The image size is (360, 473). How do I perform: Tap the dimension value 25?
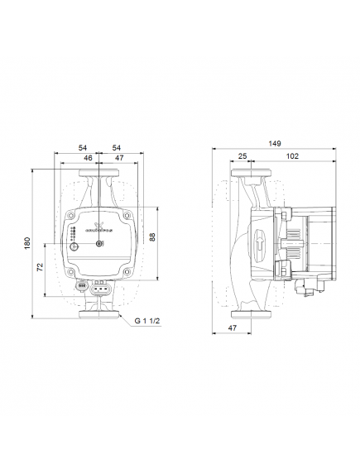pyautogui.click(x=242, y=155)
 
